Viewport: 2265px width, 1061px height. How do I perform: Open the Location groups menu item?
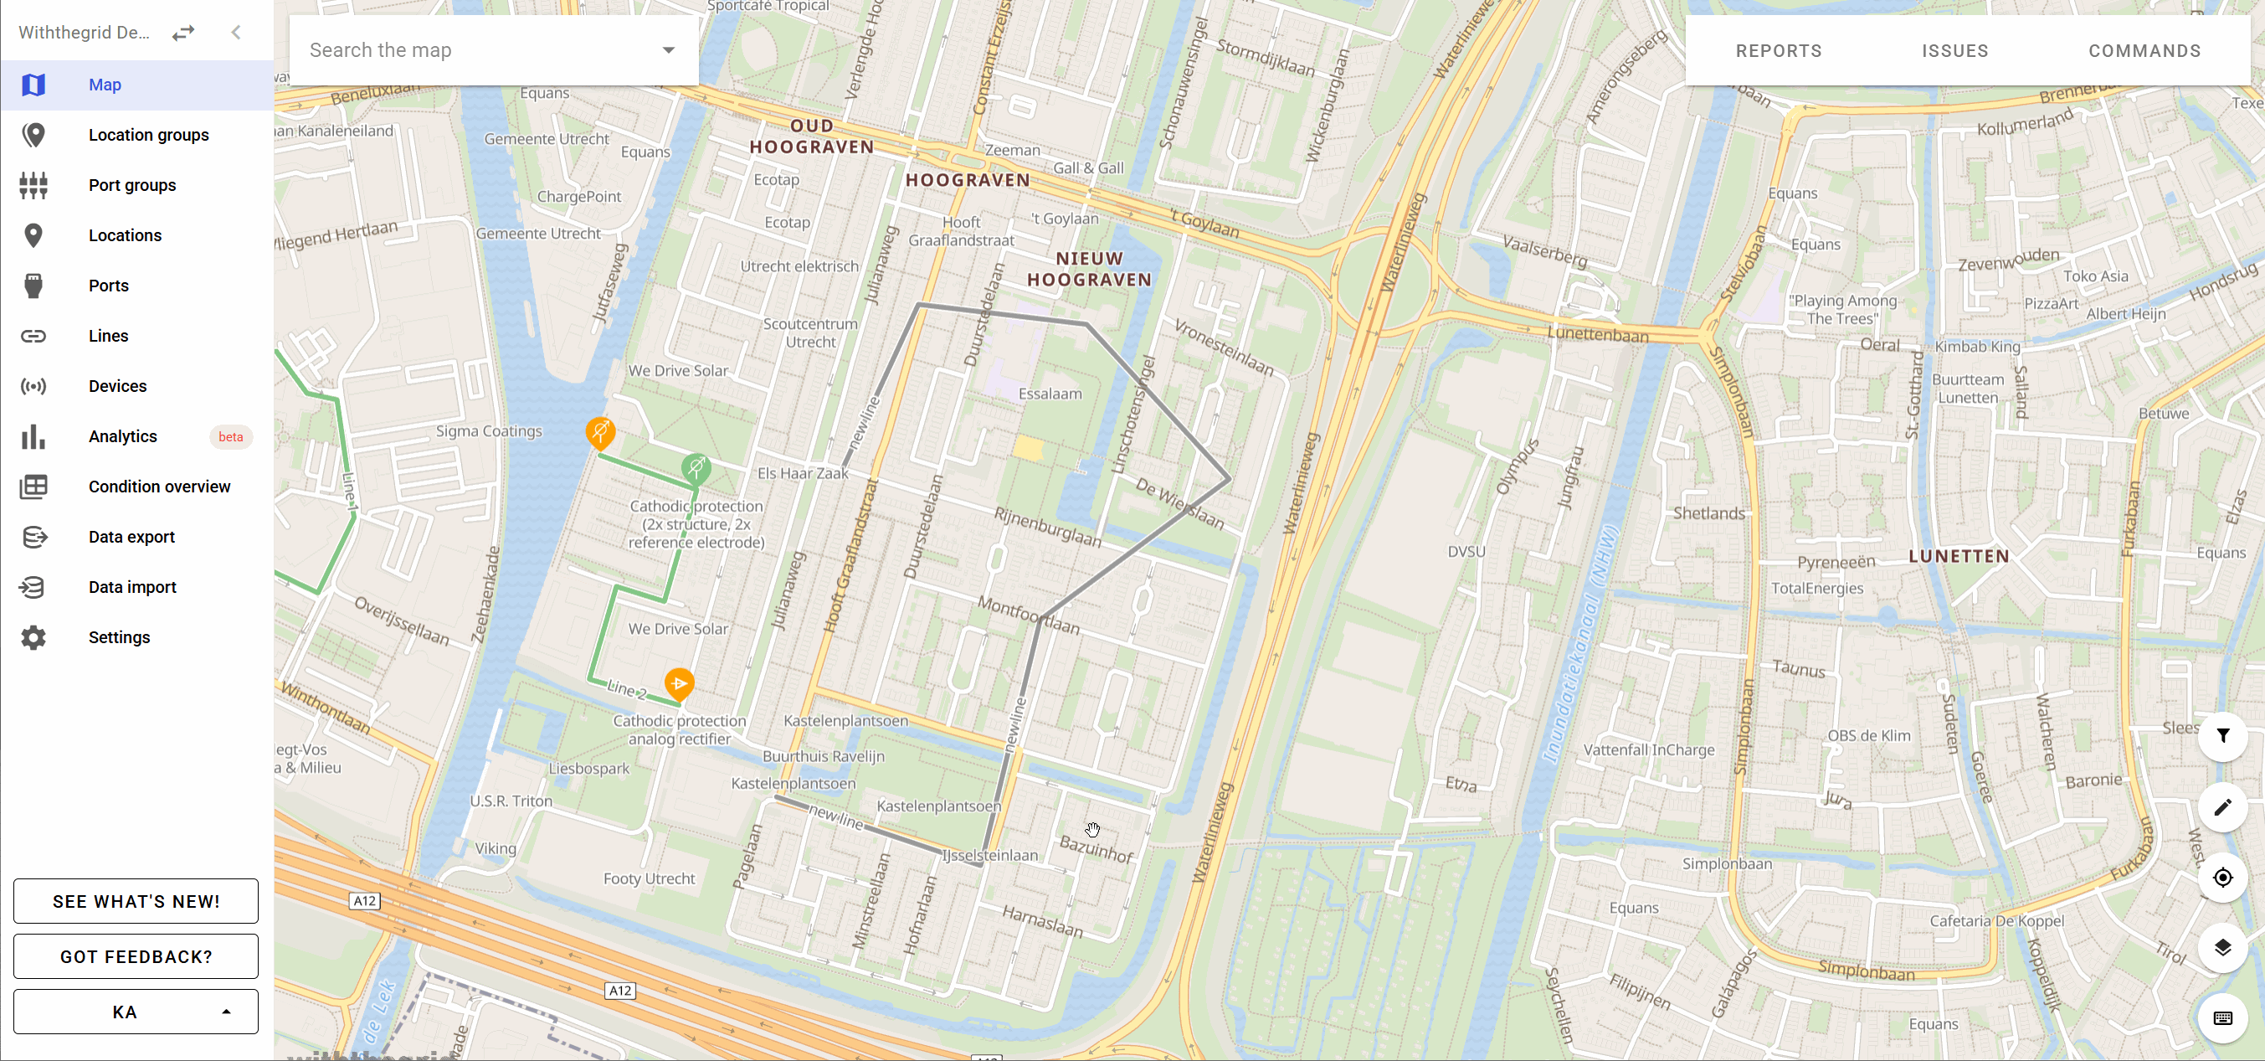pos(147,135)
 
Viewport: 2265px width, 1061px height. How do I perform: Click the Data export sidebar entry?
pos(131,537)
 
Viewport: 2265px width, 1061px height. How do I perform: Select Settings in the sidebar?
pos(119,637)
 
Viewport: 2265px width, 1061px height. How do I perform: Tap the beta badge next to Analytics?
pos(230,436)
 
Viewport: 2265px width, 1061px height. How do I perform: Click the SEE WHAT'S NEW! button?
pos(136,901)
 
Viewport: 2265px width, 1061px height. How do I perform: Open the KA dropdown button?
pos(136,1012)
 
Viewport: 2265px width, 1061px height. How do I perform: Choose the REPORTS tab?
pos(1778,51)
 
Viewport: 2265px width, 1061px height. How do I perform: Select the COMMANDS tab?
pos(2144,51)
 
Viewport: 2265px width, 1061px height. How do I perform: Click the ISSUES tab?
pos(1954,51)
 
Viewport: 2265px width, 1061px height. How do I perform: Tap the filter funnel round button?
pos(2222,735)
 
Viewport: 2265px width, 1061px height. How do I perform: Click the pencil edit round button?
pos(2222,806)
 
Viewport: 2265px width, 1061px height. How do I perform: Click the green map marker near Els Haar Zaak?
pos(696,467)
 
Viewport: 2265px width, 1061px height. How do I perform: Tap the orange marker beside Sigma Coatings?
pos(600,431)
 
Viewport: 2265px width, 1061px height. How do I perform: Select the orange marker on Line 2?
pos(679,683)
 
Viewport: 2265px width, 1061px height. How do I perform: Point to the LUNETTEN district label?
pos(1958,556)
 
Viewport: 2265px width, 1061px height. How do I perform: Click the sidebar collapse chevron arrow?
pos(236,33)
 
